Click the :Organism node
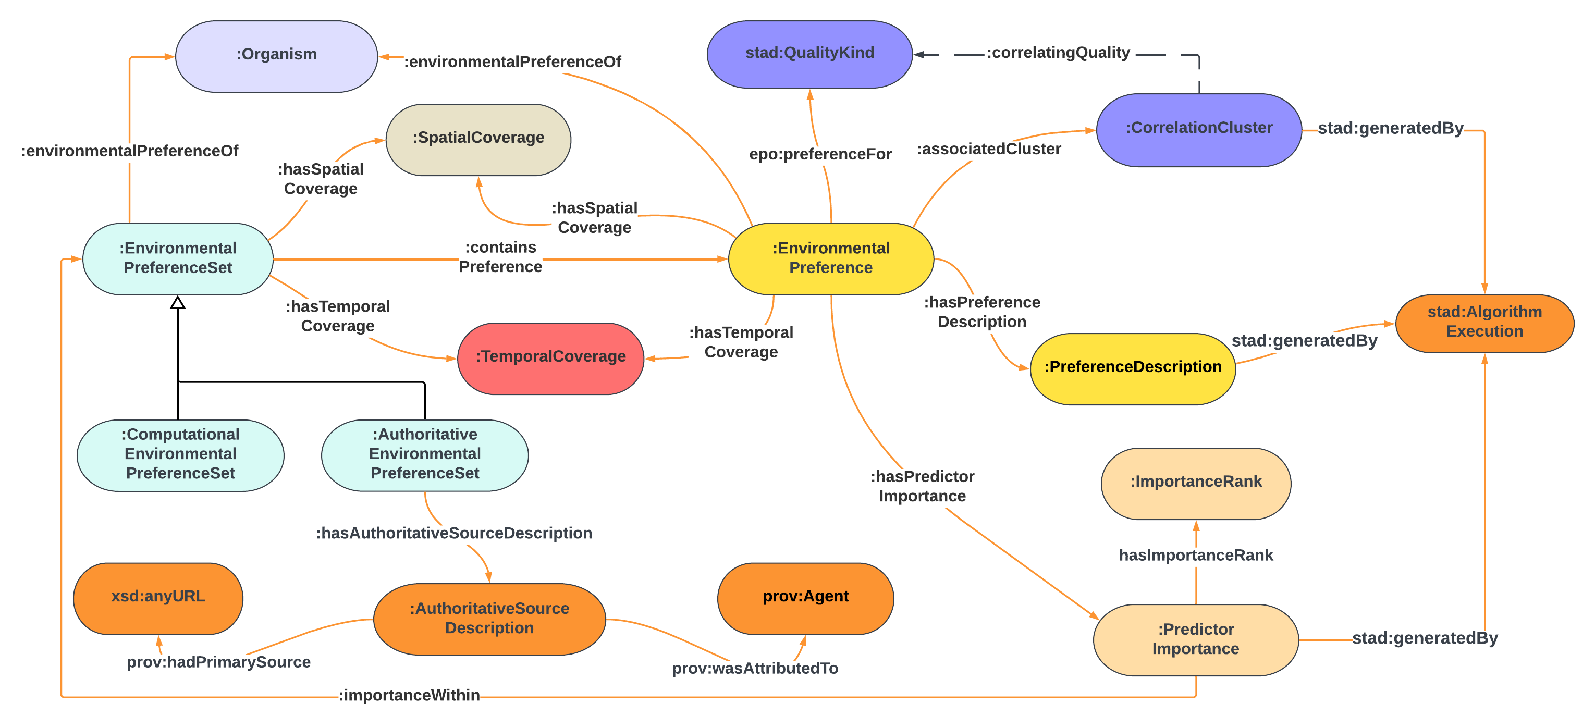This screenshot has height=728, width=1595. point(276,56)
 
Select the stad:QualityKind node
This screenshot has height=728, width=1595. point(809,54)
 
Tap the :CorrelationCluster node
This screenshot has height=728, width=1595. point(1199,129)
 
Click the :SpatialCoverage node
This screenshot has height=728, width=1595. point(478,139)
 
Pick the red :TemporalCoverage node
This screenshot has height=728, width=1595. point(550,358)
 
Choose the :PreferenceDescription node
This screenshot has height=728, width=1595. point(1133,368)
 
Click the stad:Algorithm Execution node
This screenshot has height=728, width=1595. point(1484,323)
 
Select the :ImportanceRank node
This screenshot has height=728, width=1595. point(1196,483)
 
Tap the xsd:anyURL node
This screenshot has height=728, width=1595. point(158,597)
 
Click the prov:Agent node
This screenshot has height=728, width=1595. point(805,597)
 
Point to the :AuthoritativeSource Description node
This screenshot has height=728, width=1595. point(489,619)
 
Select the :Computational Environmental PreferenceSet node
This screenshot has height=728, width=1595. point(180,455)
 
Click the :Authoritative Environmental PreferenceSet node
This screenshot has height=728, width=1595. point(425,455)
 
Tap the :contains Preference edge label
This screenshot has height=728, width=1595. point(500,257)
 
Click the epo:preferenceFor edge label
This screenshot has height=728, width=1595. point(820,154)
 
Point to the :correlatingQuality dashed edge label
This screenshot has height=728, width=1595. point(1058,53)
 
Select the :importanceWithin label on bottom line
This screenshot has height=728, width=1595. point(409,695)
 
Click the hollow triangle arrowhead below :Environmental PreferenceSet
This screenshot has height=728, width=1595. point(178,303)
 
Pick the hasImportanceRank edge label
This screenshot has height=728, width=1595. point(1196,556)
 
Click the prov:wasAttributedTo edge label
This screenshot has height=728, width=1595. point(755,669)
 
